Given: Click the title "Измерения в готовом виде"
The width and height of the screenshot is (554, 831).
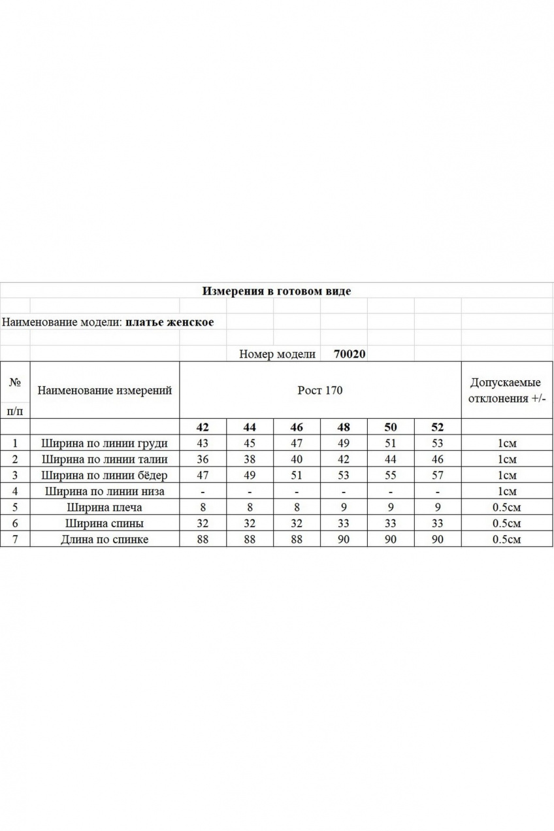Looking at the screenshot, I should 276,291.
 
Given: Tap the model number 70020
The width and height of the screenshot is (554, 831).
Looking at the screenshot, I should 350,354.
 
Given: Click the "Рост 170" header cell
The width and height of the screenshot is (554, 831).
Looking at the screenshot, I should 320,391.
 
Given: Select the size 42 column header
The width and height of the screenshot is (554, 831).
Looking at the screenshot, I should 203,427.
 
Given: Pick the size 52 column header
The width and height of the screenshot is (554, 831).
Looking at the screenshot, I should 437,427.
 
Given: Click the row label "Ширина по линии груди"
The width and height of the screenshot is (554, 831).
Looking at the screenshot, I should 105,444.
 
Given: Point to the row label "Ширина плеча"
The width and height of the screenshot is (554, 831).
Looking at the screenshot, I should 105,507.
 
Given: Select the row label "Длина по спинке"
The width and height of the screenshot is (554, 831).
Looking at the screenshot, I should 105,539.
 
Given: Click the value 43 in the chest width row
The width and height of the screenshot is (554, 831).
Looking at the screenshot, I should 203,444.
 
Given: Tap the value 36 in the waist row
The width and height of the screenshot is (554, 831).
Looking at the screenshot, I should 203,459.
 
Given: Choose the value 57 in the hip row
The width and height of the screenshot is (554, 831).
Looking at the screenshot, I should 437,476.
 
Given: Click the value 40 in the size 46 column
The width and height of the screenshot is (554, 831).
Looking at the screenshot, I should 297,459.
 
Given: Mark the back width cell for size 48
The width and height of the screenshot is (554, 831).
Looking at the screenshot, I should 344,523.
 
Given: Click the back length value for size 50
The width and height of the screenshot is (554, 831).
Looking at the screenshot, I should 391,539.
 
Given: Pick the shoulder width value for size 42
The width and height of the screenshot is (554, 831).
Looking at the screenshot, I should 203,507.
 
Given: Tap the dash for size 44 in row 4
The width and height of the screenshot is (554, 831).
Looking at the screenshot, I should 250,491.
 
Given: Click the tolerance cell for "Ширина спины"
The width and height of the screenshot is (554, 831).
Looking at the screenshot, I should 507,523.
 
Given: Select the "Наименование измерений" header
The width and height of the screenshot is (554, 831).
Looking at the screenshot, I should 105,391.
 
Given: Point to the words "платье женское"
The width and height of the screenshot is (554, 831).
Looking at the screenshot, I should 169,322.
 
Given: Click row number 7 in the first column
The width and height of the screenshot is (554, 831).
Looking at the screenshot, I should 14,539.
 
